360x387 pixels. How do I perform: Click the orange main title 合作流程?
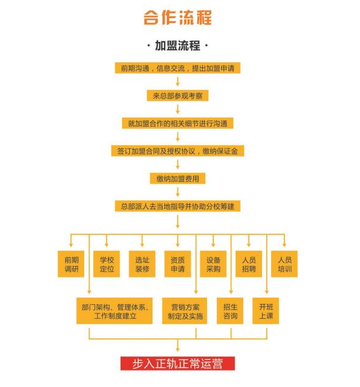(177, 18)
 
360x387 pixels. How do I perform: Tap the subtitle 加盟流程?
(177, 46)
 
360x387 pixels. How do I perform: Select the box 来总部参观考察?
(177, 96)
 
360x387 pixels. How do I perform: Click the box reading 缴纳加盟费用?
(177, 178)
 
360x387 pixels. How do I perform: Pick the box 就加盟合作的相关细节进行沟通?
(177, 123)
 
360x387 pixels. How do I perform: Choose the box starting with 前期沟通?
(177, 68)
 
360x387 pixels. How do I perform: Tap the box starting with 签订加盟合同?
(177, 151)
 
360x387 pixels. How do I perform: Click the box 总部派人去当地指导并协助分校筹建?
(177, 206)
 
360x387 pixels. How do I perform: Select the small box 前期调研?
(71, 264)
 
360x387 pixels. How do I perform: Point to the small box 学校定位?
(107, 264)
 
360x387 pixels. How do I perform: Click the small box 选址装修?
(142, 264)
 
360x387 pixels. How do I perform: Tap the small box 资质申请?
(178, 264)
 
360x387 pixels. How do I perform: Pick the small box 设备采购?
(213, 264)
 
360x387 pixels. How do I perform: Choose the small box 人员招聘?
(249, 264)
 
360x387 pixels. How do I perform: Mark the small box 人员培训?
(284, 264)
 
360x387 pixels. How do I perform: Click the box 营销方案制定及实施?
(185, 311)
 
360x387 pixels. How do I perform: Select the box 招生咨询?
(230, 311)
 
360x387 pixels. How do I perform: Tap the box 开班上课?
(266, 311)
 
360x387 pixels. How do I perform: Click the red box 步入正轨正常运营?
(178, 363)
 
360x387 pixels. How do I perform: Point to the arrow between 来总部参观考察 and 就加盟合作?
(177, 110)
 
